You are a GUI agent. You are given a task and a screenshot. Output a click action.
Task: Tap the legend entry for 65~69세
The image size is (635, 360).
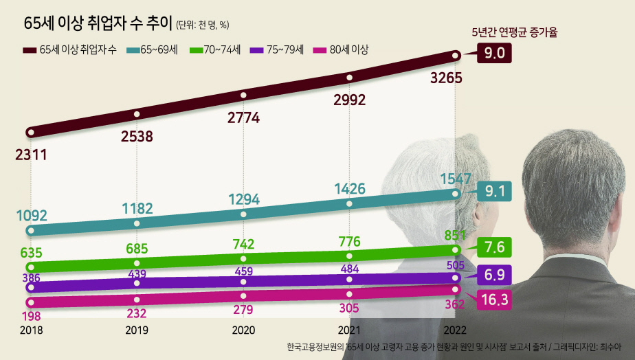click(x=153, y=49)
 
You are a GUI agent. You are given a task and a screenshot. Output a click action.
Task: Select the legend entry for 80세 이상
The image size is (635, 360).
click(x=341, y=49)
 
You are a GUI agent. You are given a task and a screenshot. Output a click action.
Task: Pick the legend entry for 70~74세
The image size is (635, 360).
click(x=216, y=49)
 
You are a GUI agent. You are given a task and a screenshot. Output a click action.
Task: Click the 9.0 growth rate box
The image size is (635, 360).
click(x=495, y=53)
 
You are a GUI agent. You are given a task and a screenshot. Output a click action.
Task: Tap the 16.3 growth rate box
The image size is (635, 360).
click(x=495, y=300)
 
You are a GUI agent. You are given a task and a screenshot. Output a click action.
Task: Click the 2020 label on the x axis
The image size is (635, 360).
click(x=243, y=330)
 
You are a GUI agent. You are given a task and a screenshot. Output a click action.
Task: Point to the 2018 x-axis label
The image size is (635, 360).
click(x=31, y=330)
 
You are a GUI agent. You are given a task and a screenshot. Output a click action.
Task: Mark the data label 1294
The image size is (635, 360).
click(x=244, y=200)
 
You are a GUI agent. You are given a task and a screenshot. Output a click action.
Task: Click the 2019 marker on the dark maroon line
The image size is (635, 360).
click(x=137, y=113)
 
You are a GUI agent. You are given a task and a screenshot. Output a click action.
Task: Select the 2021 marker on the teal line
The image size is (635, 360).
click(x=350, y=204)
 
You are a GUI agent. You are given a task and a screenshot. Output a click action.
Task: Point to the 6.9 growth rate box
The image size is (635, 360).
click(x=495, y=274)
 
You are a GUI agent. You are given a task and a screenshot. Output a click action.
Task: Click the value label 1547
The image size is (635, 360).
click(x=454, y=179)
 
